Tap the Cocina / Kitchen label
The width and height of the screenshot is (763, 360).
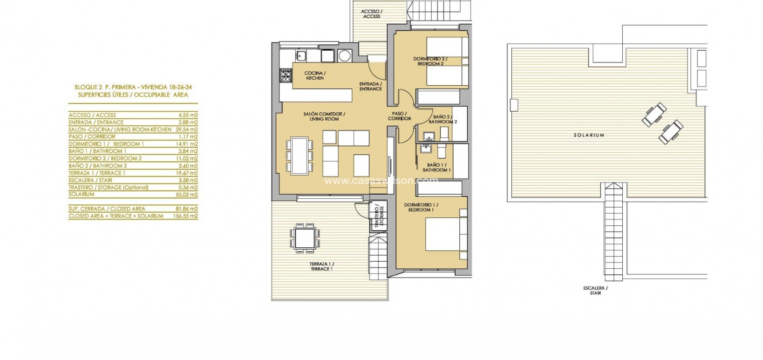click(315, 76)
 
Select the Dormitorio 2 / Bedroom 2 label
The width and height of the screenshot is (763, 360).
click(430, 61)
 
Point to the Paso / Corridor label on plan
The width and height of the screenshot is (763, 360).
click(400, 116)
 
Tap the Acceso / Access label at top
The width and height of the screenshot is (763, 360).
click(372, 14)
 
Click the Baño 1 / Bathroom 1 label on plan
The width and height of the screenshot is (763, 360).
click(436, 168)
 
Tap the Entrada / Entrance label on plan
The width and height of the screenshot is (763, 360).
click(370, 87)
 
